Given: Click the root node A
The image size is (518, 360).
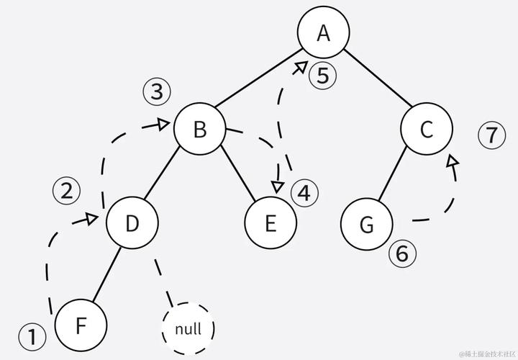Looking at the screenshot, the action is tap(324, 32).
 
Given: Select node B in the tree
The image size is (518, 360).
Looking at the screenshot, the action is tap(200, 129).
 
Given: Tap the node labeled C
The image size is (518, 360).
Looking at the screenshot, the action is tap(427, 129).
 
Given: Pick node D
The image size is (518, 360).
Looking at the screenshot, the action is tap(132, 222).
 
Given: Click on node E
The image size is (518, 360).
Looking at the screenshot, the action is tap(271, 222).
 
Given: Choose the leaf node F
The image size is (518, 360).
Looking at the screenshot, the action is tap(81, 325).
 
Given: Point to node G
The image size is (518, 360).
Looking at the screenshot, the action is tap(367, 224).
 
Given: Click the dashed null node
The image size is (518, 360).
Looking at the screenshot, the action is tap(188, 328).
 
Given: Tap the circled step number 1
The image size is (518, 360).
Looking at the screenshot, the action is tap(32, 336).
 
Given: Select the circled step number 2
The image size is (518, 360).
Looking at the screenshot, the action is tap(67, 191).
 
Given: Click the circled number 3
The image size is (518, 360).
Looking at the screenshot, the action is tap(157, 91).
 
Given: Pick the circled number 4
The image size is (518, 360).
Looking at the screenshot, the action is tap(304, 193).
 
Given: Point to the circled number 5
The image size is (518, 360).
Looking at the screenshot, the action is tap(323, 76).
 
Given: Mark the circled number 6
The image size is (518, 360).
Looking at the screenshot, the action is tap(402, 254).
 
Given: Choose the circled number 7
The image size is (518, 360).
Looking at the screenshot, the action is tap(492, 135).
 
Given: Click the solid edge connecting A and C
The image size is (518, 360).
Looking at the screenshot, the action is tap(378, 78).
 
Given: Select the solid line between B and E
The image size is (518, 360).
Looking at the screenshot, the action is tap(238, 173).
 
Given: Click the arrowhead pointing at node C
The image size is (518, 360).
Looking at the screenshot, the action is tap(453, 161).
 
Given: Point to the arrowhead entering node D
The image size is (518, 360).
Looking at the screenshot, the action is tap(91, 219).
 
